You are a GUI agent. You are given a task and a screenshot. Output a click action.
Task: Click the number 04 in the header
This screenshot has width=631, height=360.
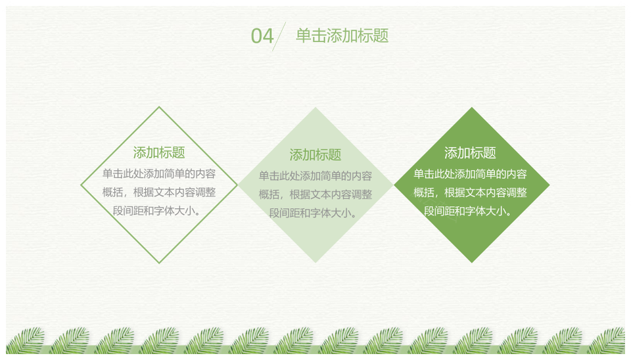pos(262,35)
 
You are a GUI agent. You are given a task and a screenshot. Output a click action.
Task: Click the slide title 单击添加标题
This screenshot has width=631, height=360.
pos(342,35)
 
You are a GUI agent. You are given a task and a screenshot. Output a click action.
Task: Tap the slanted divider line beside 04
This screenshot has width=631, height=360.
pos(279,37)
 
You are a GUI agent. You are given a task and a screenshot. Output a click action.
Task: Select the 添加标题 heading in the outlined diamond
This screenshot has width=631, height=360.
pos(159,152)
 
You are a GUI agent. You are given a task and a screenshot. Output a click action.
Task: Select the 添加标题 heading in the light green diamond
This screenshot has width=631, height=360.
pos(315,155)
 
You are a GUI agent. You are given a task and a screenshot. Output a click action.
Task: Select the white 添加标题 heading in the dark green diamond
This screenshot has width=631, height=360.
pos(470,153)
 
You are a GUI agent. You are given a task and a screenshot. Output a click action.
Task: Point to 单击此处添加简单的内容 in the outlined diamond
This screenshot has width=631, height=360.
pos(159,174)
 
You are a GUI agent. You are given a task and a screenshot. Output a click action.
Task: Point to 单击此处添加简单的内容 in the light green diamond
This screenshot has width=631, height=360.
pos(315,176)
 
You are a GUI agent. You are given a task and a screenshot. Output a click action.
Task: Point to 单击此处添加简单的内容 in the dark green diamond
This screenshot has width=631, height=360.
pos(470,174)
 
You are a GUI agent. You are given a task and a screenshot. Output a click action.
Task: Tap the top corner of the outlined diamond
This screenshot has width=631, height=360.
pos(159,107)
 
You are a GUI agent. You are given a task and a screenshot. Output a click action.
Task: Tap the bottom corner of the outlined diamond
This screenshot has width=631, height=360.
pos(159,263)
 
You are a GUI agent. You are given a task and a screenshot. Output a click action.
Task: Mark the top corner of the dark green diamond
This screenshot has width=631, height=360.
pos(472,107)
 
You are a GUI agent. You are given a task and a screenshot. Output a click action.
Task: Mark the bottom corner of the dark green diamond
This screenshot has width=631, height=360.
pos(472,263)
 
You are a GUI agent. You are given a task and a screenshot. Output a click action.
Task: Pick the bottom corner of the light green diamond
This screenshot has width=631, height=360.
pos(315,263)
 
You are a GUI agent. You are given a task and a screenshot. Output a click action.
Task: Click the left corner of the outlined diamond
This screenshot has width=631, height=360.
pos(82,185)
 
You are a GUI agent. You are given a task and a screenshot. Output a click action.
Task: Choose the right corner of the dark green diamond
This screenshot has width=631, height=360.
pos(549,185)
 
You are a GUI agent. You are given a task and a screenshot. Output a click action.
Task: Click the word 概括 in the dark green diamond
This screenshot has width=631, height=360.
pos(424,192)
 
